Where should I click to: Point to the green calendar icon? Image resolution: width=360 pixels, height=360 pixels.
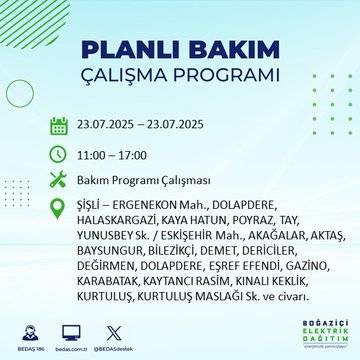click(58, 125)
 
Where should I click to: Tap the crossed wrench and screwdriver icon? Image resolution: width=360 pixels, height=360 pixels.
click(58, 179)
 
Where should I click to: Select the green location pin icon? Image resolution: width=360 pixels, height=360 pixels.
click(58, 206)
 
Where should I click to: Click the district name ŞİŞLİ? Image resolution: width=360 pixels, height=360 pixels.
click(91, 206)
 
